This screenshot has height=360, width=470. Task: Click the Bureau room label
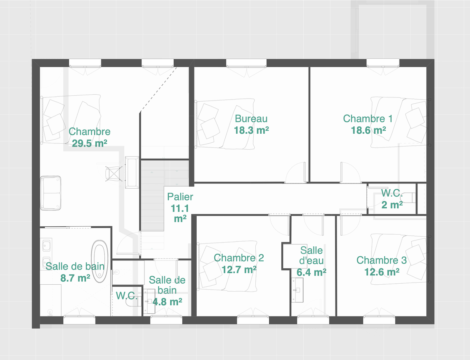[x=251, y=119]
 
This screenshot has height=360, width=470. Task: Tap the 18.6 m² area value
[x=368, y=130]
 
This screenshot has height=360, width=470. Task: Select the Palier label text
[x=180, y=197]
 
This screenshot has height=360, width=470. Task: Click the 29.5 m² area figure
[x=89, y=143]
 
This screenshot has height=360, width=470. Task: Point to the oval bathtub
[x=100, y=261]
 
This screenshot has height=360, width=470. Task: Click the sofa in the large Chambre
[x=50, y=193]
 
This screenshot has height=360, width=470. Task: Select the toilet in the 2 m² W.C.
[x=408, y=197]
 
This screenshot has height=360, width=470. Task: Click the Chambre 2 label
[x=239, y=258]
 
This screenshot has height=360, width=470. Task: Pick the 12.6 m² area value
[x=382, y=272]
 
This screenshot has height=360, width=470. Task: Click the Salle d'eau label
[x=311, y=256]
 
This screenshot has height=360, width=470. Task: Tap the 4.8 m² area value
[x=167, y=302]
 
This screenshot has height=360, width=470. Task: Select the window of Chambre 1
[x=383, y=63]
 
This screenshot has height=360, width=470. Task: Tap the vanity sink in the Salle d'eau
[x=298, y=290]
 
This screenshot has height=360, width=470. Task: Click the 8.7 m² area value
[x=75, y=278]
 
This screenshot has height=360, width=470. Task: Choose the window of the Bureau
[x=246, y=63]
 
